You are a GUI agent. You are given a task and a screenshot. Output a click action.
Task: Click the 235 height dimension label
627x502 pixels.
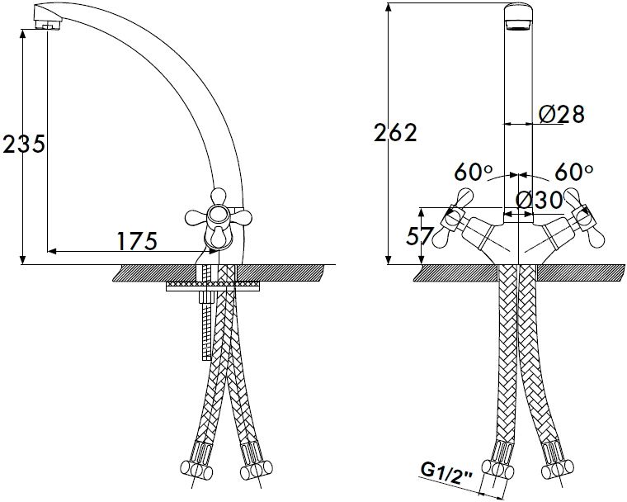coord(23,144)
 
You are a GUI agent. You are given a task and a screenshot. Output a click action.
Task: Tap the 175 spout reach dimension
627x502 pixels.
coord(137,240)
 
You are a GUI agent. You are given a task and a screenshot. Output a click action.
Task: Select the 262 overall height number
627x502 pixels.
coord(395,132)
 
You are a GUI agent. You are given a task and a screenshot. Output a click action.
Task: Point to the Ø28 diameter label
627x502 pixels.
coord(561,115)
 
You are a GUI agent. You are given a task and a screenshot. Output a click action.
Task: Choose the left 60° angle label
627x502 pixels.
coord(473,172)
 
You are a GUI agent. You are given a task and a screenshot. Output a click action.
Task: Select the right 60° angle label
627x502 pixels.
coord(574,172)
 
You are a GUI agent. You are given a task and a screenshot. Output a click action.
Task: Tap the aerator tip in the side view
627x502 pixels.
coord(47,18)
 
